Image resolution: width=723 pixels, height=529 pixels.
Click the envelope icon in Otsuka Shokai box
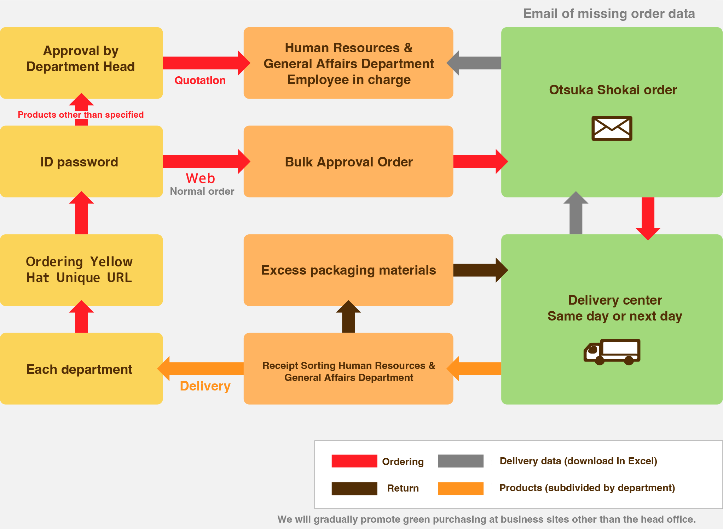(x=612, y=128)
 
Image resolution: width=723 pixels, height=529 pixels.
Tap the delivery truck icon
(x=612, y=352)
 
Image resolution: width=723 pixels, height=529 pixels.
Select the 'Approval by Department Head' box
(x=81, y=63)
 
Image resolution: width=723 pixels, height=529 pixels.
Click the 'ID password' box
(x=81, y=161)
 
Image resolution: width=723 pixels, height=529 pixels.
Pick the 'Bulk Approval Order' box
(x=348, y=161)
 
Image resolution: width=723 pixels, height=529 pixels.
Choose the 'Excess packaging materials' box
(x=348, y=270)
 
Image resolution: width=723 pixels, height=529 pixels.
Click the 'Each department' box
(x=81, y=369)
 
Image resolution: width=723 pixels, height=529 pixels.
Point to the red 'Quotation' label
(x=200, y=81)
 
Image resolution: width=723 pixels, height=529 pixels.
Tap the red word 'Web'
(x=200, y=178)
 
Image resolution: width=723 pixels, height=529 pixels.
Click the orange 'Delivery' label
(x=205, y=386)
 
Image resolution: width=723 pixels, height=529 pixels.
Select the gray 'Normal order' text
(x=202, y=192)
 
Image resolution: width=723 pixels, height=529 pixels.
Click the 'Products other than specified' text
(x=81, y=115)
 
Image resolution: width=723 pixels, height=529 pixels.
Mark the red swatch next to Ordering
(x=354, y=461)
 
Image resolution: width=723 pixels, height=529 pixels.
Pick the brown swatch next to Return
(x=354, y=488)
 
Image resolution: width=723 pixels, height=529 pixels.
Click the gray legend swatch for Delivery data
(x=460, y=461)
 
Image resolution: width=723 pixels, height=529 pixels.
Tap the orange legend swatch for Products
(x=460, y=488)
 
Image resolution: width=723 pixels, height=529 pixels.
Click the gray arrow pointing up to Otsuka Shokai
(x=576, y=214)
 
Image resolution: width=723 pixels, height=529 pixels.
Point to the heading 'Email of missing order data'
(x=609, y=14)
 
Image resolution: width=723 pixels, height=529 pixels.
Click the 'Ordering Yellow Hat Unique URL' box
(x=81, y=270)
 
